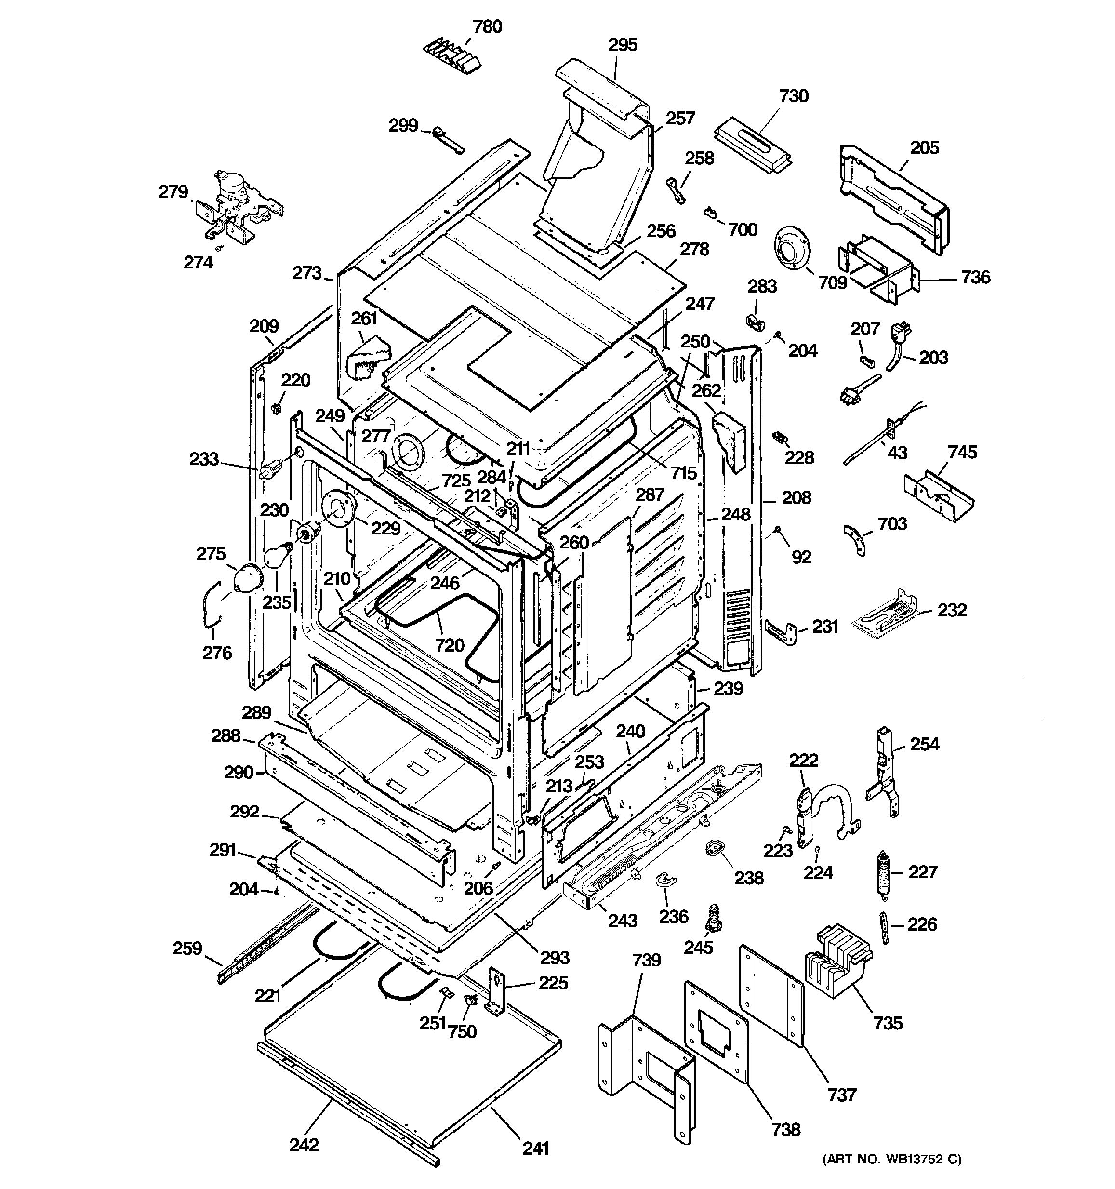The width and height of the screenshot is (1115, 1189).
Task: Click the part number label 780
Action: point(487,27)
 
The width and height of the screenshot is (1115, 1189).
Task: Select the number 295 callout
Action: point(623,45)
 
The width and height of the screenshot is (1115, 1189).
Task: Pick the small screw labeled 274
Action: point(219,247)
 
